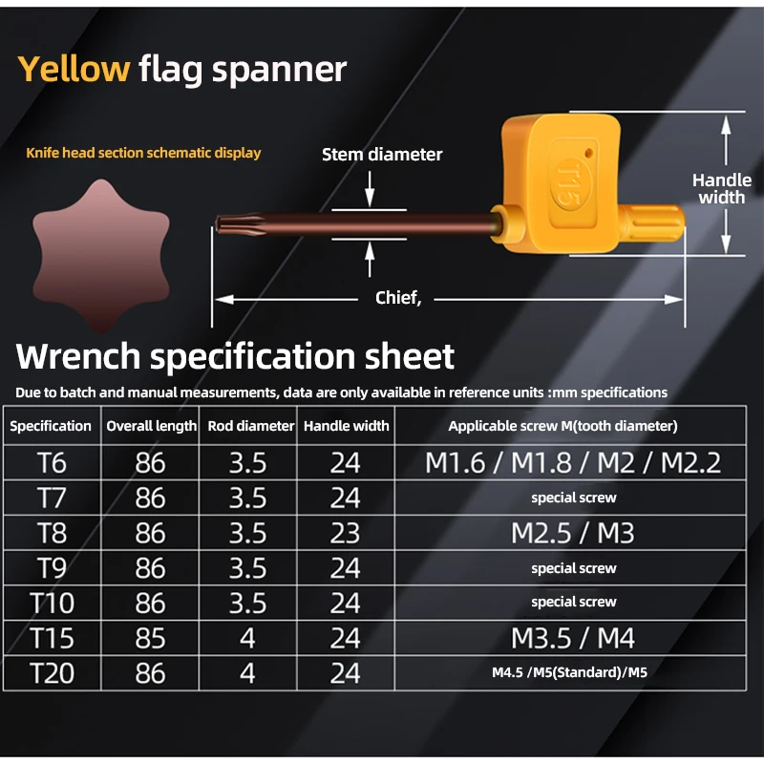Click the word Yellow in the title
[x=74, y=69]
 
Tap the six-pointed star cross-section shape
[x=101, y=255]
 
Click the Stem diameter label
[x=382, y=155]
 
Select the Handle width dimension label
[x=722, y=188]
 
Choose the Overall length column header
[x=151, y=426]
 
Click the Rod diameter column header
[x=251, y=426]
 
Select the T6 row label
[x=52, y=462]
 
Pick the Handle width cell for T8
[x=345, y=533]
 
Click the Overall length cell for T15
[x=151, y=638]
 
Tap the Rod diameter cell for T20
[x=247, y=673]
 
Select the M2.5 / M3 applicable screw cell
[x=572, y=533]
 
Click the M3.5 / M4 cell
[x=572, y=638]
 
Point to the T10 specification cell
[x=52, y=604]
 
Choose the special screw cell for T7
[x=574, y=498]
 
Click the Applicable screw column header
[x=562, y=426]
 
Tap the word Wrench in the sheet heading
[x=78, y=355]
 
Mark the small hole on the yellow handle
[x=588, y=154]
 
